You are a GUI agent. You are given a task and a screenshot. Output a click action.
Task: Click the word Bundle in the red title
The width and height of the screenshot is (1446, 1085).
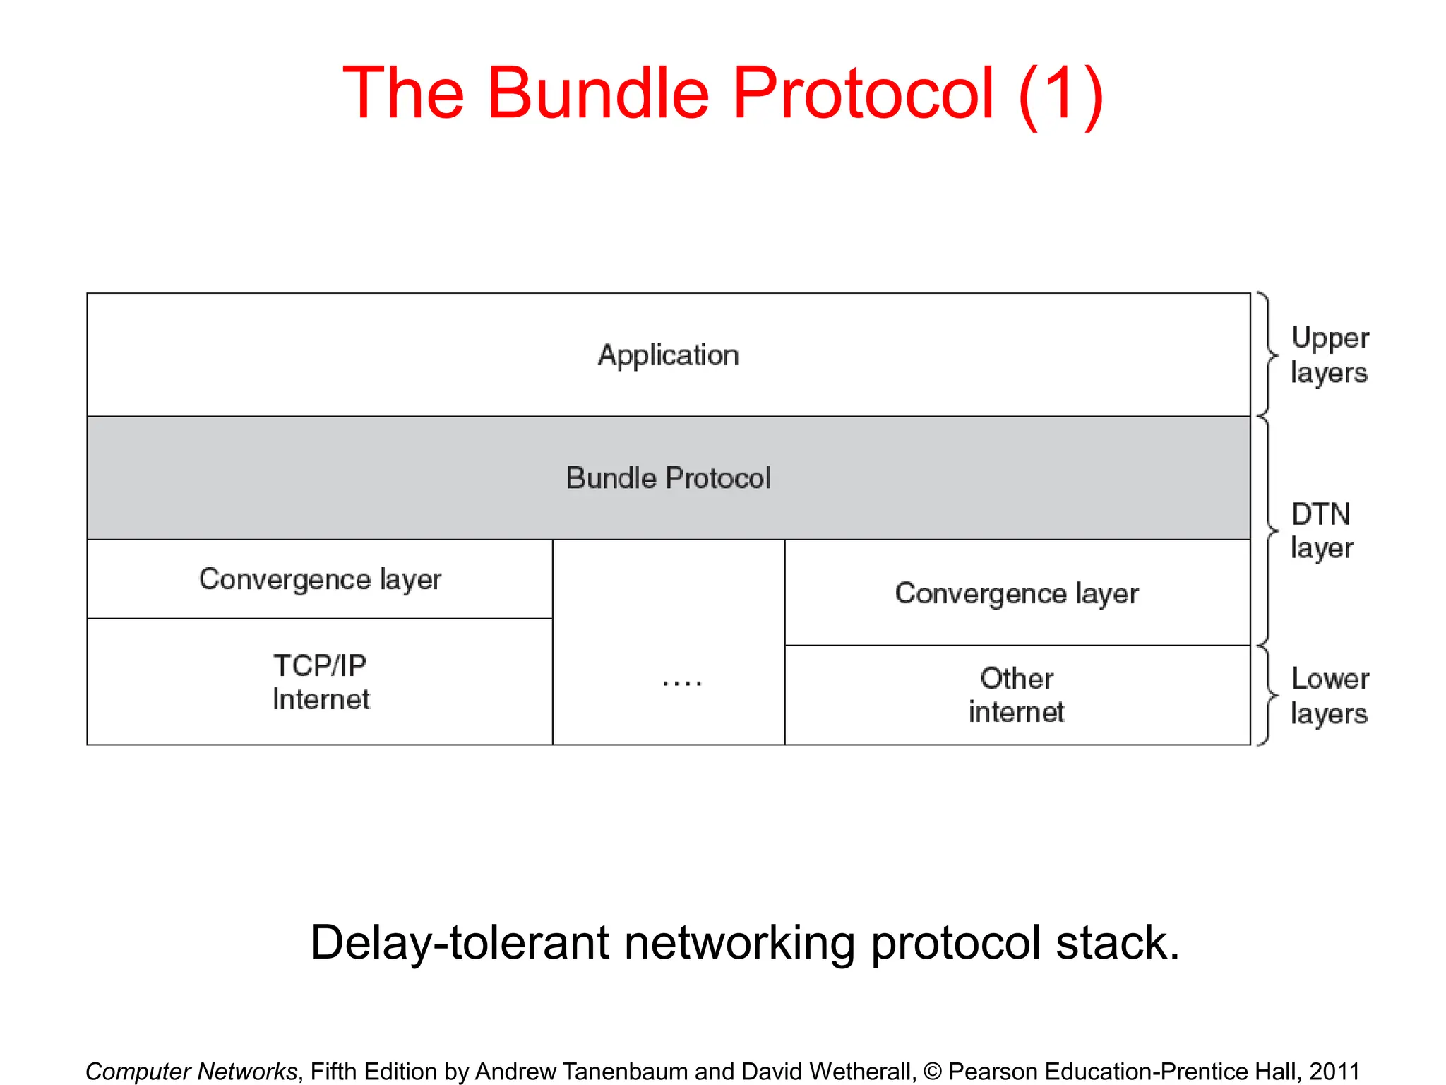598,94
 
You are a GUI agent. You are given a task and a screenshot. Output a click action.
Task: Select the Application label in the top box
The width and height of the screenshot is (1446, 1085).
668,355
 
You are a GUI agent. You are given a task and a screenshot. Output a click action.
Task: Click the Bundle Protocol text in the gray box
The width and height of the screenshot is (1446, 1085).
668,478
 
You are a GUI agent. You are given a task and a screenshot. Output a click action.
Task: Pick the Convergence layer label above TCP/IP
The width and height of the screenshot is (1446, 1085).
320,579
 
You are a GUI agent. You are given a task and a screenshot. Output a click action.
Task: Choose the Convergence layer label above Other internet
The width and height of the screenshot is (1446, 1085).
1017,593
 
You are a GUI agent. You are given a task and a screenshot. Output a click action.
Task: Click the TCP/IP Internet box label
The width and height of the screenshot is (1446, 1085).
320,682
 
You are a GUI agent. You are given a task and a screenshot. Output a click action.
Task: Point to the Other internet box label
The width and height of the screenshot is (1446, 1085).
1017,695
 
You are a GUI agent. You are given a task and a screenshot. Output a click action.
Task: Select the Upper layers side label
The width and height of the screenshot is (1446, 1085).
1330,355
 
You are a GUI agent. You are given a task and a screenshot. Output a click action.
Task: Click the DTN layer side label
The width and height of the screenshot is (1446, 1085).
1322,530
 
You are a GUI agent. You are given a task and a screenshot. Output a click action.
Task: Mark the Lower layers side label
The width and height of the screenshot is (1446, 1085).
1330,696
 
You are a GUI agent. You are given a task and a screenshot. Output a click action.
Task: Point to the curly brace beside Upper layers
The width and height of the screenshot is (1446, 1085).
1269,355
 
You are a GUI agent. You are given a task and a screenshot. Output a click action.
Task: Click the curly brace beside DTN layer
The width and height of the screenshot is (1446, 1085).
1269,530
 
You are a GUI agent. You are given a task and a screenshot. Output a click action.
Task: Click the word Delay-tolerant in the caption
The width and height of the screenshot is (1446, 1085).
459,943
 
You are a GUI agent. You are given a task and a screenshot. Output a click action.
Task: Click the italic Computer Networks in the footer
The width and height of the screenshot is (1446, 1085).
191,1072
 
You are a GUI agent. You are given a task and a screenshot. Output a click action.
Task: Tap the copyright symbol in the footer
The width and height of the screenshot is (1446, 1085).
933,1072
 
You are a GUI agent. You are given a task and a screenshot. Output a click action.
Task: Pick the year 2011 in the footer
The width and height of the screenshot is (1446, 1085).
1334,1072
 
